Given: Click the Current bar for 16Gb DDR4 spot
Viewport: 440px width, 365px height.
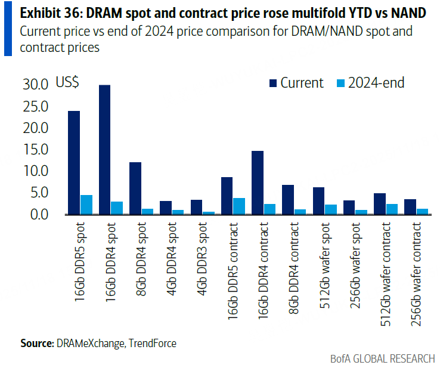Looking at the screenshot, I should [x=105, y=149].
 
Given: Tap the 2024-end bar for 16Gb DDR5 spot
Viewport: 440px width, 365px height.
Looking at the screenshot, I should [x=86, y=204].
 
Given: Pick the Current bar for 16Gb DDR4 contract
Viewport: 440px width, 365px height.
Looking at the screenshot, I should [x=258, y=182].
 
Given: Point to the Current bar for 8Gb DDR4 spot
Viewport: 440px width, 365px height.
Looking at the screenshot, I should [x=135, y=188].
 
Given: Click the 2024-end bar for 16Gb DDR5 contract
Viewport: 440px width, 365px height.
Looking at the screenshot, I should [x=239, y=206].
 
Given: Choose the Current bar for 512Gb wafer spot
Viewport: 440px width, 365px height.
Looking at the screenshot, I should [x=319, y=200].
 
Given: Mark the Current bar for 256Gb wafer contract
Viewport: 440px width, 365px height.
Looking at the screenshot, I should [x=410, y=206].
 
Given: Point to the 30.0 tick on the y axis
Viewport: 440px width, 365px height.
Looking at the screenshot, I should [x=36, y=85].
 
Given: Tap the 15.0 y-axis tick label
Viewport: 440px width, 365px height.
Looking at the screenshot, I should [x=36, y=150].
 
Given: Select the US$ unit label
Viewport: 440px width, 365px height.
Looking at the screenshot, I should [x=67, y=83].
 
